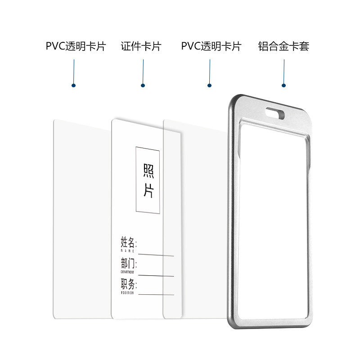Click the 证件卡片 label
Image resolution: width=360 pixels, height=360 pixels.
(141, 46)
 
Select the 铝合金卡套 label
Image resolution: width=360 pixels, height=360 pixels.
(284, 46)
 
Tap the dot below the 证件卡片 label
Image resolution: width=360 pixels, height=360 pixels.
(143, 85)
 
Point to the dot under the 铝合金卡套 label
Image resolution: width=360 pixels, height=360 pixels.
(284, 85)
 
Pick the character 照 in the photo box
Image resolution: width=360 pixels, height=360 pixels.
(148, 171)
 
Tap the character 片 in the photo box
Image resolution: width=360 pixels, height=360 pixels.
(148, 191)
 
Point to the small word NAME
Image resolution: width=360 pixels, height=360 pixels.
(127, 251)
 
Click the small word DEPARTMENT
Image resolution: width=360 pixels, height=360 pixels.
(127, 272)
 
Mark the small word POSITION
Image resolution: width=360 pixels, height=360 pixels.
(127, 292)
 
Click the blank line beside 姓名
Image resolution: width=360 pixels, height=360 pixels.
(156, 255)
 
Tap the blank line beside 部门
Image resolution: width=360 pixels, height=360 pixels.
(156, 275)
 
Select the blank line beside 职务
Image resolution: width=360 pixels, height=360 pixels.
(156, 295)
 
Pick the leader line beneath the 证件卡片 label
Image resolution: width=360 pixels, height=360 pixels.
(143, 70)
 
